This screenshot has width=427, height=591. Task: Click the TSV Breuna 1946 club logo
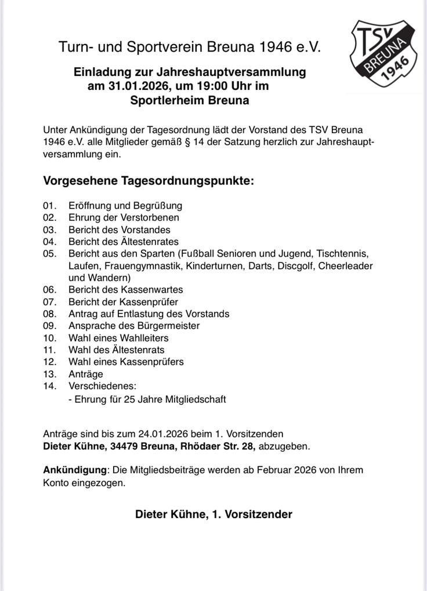coord(383,53)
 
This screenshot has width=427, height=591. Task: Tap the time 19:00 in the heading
coord(212,86)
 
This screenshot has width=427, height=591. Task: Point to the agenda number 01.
coord(50,206)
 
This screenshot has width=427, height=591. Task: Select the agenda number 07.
coord(50,302)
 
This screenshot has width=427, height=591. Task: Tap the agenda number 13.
coord(50,374)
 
